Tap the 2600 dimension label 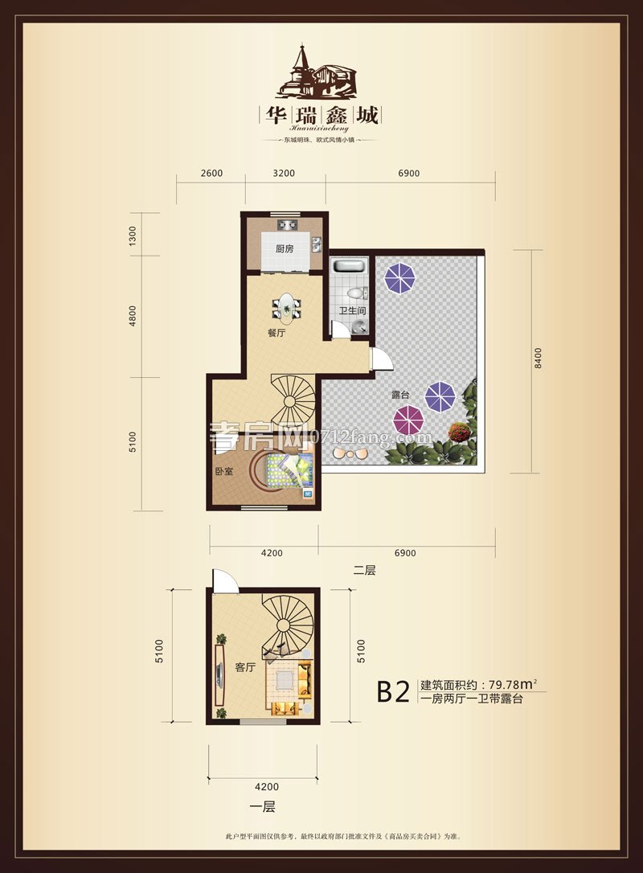pyautogui.click(x=211, y=173)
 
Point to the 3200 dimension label pyautogui.click(x=284, y=173)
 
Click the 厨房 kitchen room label pyautogui.click(x=285, y=248)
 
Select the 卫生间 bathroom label pyautogui.click(x=352, y=311)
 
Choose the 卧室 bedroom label pyautogui.click(x=223, y=471)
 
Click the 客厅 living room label pyautogui.click(x=245, y=667)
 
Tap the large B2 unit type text pyautogui.click(x=395, y=691)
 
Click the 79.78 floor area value pyautogui.click(x=504, y=686)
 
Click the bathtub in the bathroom pyautogui.click(x=350, y=266)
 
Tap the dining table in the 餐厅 pyautogui.click(x=286, y=306)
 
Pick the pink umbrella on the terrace pyautogui.click(x=409, y=420)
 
